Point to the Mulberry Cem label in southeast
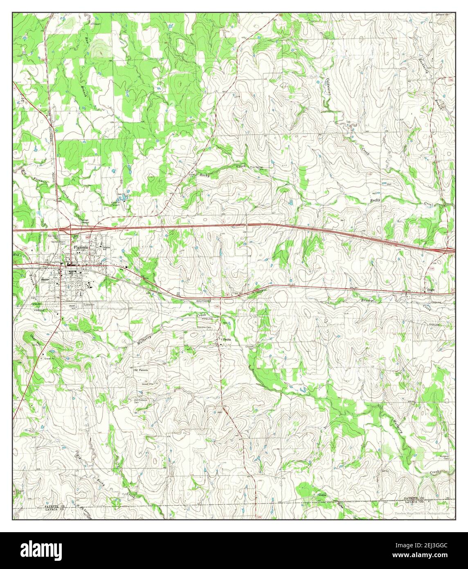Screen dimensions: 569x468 [444, 457]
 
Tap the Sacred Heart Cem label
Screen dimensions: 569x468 [59, 242]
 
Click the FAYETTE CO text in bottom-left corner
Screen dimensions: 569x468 [54, 506]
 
